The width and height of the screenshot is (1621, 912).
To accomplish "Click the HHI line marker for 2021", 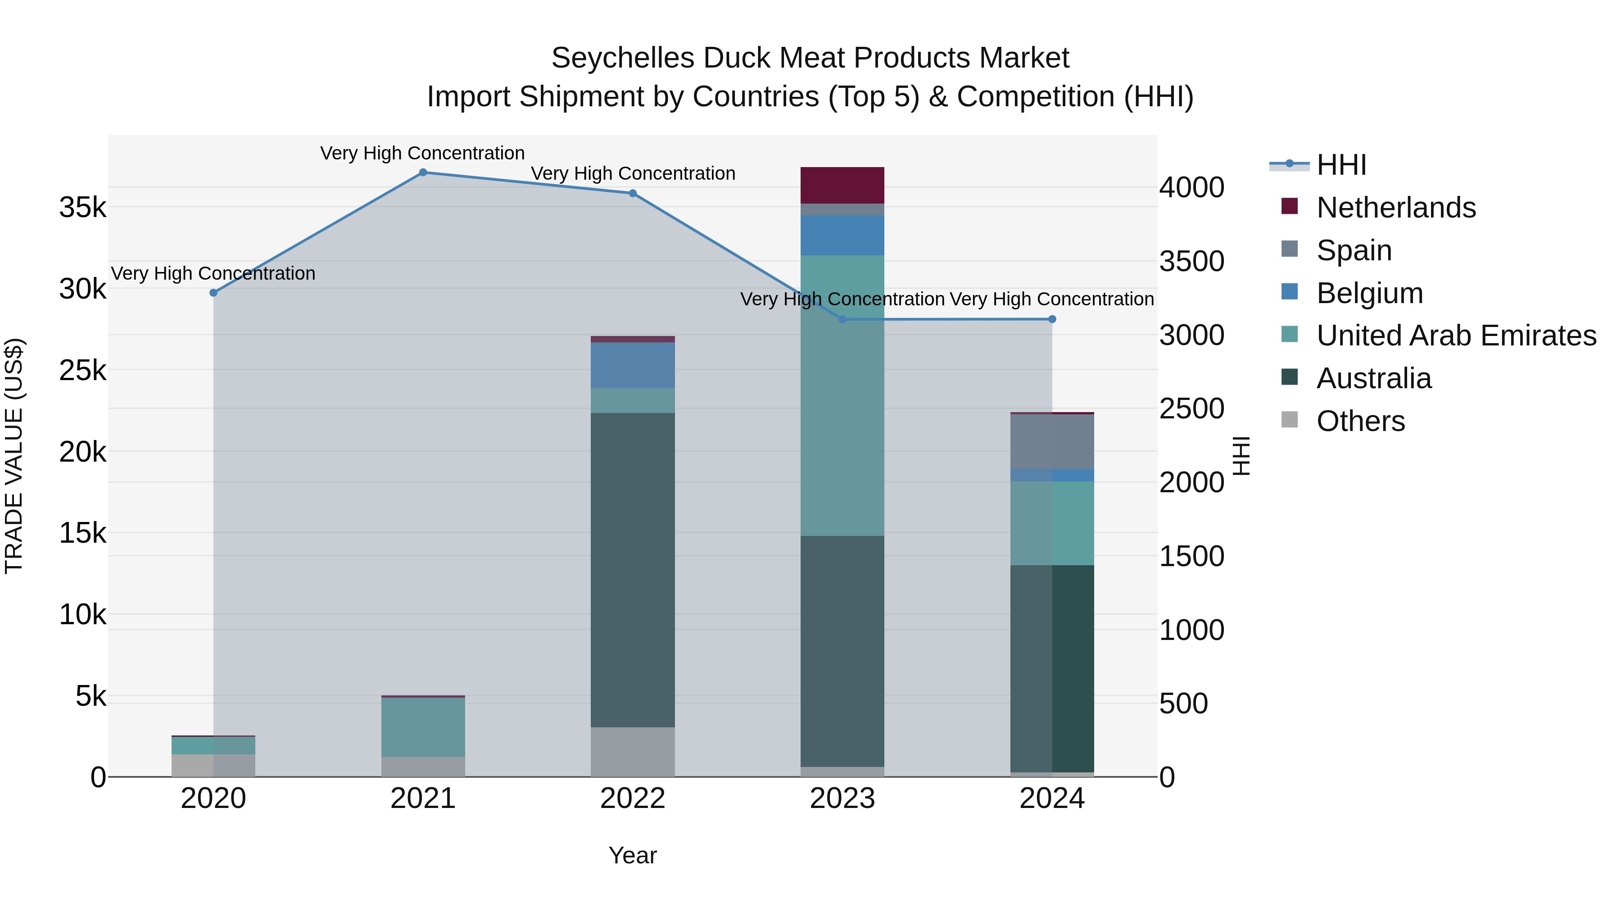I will click(423, 172).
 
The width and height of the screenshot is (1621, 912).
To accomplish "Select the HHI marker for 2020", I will click(213, 293).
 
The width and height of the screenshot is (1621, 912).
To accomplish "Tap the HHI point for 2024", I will click(1052, 319).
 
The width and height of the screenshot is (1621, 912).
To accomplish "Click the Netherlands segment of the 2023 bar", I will click(842, 185).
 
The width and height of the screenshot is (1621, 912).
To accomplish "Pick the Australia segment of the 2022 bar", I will click(633, 570).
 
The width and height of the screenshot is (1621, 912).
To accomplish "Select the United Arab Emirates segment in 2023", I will click(842, 395).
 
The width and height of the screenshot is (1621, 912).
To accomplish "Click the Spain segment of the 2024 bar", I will click(1052, 441).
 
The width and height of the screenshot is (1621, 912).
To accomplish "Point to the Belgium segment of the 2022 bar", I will click(633, 365).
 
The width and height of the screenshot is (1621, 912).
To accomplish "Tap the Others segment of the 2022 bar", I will click(633, 752).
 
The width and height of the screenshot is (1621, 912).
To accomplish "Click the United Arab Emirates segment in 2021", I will click(423, 727).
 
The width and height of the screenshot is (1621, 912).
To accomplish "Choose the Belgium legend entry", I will click(1369, 293).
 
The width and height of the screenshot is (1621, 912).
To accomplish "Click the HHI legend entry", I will click(1341, 165).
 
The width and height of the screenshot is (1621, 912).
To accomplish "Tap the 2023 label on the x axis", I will click(842, 799).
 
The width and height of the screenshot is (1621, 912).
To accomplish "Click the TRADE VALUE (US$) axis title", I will click(14, 456).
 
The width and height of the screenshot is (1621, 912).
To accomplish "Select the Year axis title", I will click(633, 855).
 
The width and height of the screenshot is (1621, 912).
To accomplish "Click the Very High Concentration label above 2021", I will click(422, 153).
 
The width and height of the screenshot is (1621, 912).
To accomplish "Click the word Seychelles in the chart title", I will click(623, 58).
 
